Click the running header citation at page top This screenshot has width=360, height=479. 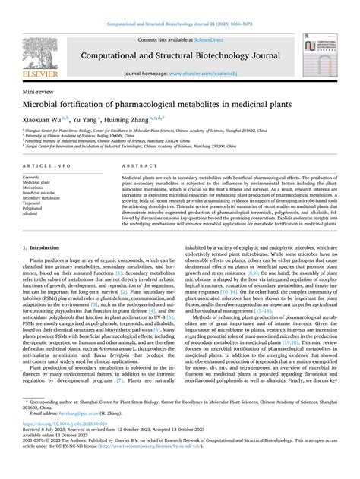(x=179, y=6)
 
